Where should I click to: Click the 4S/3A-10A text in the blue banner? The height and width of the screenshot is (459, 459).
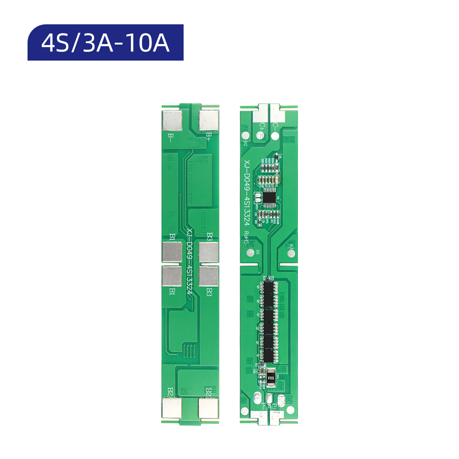click(105, 43)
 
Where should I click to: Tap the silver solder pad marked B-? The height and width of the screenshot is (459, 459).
click(172, 121)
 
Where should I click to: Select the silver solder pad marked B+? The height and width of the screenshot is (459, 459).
click(208, 121)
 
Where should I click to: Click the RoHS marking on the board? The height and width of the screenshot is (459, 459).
click(246, 239)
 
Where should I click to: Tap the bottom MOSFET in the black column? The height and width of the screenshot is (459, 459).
click(268, 355)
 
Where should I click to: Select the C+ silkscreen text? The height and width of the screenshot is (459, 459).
click(262, 125)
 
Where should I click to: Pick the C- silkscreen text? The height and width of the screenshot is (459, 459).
click(275, 125)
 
